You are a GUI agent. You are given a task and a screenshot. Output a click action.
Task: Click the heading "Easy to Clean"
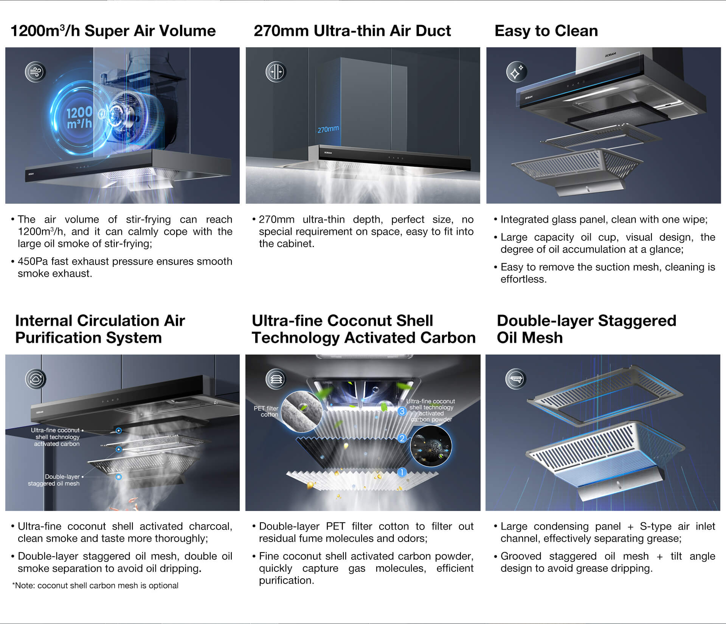546,31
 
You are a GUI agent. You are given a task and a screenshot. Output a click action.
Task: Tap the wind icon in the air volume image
36,72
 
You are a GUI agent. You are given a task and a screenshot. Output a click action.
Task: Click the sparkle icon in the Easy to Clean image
517,72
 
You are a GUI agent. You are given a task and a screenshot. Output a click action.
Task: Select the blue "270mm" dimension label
328,129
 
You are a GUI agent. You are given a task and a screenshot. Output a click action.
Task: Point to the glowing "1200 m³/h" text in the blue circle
79,118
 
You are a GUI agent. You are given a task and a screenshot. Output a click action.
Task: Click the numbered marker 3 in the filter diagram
402,411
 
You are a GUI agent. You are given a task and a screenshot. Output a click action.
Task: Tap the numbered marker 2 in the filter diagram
402,438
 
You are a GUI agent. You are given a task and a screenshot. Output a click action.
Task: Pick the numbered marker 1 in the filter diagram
402,472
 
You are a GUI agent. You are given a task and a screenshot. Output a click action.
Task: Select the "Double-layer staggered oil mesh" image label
54,480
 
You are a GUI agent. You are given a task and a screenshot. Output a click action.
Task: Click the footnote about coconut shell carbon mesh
95,585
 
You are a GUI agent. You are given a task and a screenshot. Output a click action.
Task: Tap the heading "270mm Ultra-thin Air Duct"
352,31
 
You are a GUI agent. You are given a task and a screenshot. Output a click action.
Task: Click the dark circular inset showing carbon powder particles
431,446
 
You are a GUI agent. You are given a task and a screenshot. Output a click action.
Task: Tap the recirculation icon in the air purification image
36,379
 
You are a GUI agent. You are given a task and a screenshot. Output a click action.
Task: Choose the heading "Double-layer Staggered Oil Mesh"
586,329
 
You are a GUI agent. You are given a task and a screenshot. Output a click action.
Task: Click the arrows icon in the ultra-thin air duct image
276,72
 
